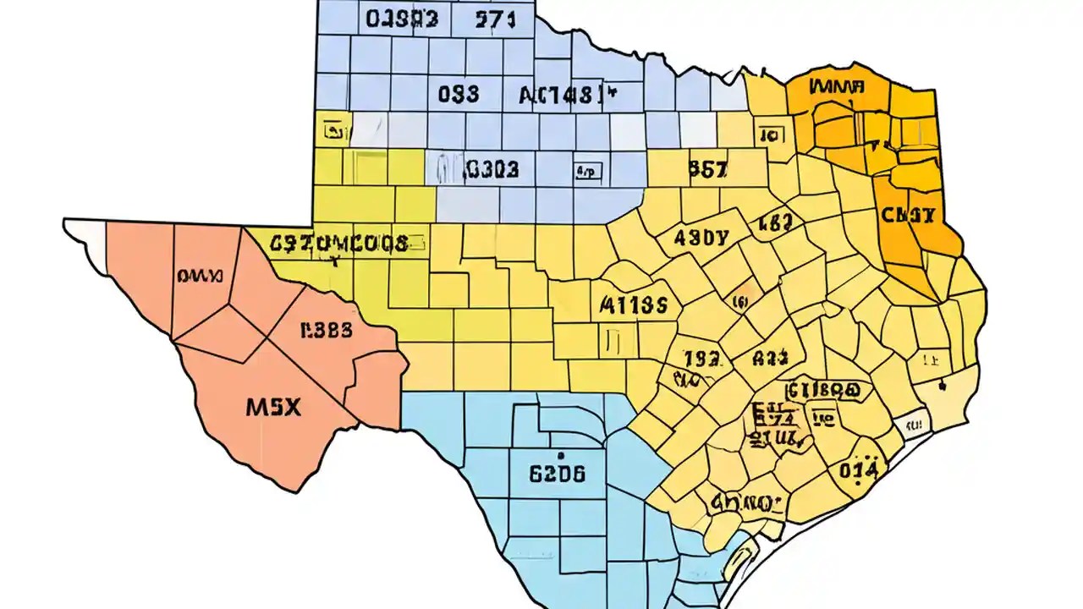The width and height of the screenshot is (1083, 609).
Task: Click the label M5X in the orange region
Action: tap(273, 407)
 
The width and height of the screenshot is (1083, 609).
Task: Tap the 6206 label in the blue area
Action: tap(556, 474)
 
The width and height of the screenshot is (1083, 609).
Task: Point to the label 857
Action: tap(707, 169)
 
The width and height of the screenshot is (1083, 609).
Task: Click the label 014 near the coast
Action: tap(857, 468)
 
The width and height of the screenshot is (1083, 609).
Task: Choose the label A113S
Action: tap(634, 304)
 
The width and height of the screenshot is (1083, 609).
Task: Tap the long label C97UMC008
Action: tap(339, 244)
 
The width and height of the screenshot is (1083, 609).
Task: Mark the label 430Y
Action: tap(701, 238)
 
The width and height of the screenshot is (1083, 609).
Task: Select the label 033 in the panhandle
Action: tap(459, 93)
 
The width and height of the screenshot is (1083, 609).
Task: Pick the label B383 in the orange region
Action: tap(326, 331)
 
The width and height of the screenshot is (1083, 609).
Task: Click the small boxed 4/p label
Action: tap(587, 172)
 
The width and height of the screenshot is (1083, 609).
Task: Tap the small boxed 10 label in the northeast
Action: tap(770, 134)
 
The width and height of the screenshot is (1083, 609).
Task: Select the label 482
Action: tap(775, 223)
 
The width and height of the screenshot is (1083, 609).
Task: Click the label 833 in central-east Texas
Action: tap(770, 358)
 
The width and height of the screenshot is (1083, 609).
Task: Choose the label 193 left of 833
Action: tap(701, 359)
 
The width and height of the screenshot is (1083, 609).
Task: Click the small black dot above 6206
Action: tap(558, 441)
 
